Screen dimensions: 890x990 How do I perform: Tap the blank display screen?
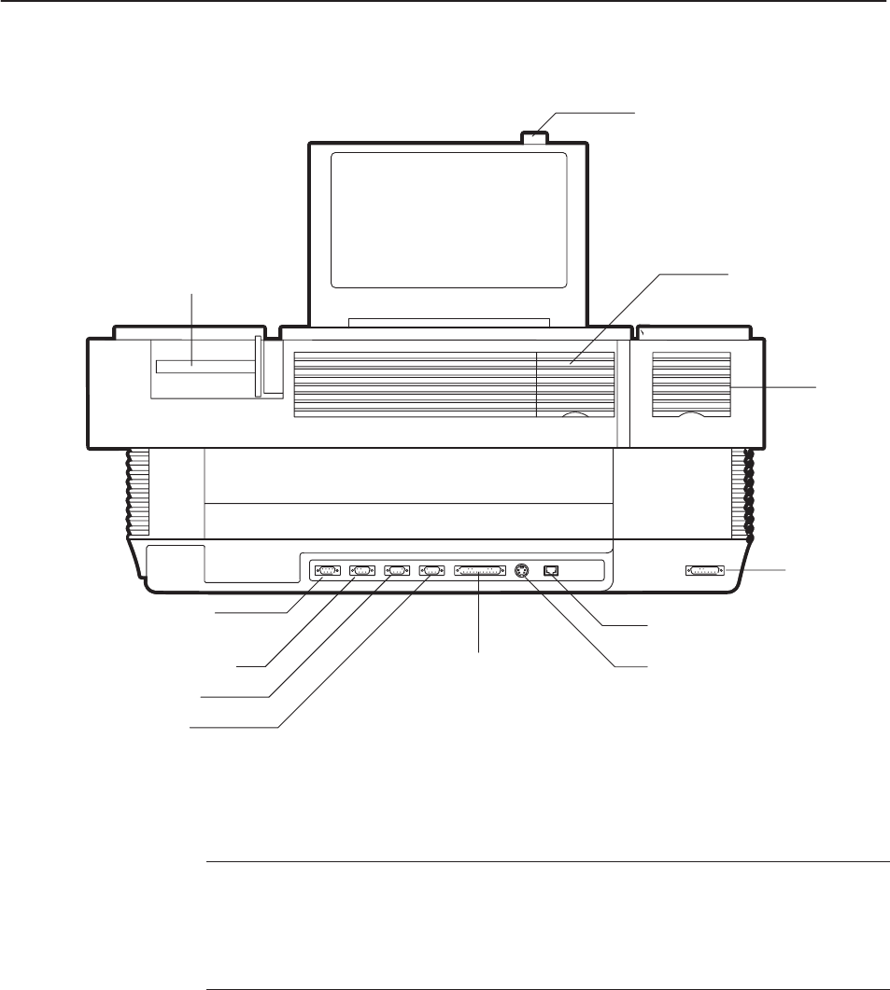(448, 219)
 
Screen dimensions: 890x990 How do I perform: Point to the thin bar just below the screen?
(448, 322)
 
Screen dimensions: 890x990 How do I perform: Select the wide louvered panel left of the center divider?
(415, 383)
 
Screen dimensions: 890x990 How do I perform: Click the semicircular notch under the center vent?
(576, 415)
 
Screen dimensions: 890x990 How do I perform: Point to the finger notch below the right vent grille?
(690, 415)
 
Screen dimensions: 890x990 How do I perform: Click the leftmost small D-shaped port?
(327, 570)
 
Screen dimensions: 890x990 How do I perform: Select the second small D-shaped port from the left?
(361, 570)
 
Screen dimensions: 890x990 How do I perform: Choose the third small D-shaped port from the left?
(396, 570)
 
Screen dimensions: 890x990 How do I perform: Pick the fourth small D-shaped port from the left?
(431, 570)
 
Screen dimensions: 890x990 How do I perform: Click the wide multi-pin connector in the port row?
(479, 570)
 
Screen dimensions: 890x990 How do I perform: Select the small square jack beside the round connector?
(551, 570)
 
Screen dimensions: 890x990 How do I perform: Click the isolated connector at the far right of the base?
(705, 570)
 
